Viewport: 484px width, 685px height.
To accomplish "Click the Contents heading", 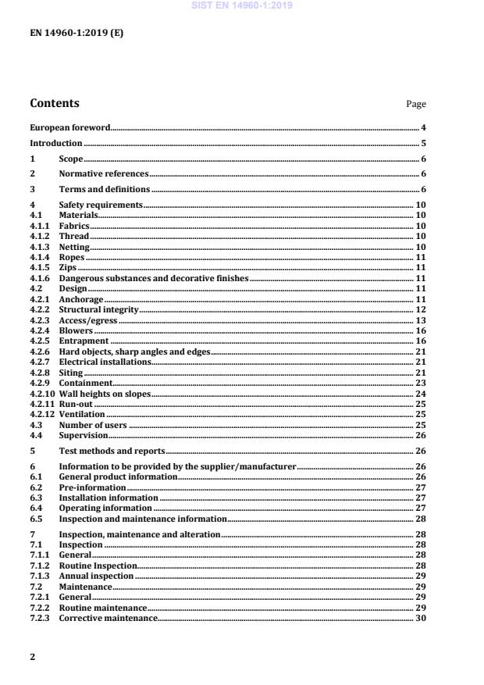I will pyautogui.click(x=54, y=103).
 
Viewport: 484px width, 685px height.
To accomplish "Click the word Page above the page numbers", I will pyautogui.click(x=416, y=104).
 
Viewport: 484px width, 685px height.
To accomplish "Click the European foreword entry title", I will pyautogui.click(x=69, y=127).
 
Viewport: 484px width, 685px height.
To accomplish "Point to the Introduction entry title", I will pyautogui.click(x=55, y=143).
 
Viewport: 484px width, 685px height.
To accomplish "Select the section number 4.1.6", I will pyautogui.click(x=40, y=278).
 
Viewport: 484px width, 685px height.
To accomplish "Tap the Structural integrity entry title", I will pyautogui.click(x=98, y=309).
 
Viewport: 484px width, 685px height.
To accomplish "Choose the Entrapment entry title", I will pyautogui.click(x=84, y=341).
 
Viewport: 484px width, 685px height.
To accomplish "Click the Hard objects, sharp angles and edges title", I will pyautogui.click(x=134, y=351).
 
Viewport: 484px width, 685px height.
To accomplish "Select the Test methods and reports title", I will pyautogui.click(x=112, y=451).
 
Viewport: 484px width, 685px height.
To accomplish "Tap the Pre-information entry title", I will pyautogui.click(x=92, y=487).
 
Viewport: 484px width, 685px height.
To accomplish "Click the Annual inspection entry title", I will pyautogui.click(x=96, y=576).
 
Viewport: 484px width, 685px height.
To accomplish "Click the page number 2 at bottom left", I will pyautogui.click(x=32, y=657).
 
